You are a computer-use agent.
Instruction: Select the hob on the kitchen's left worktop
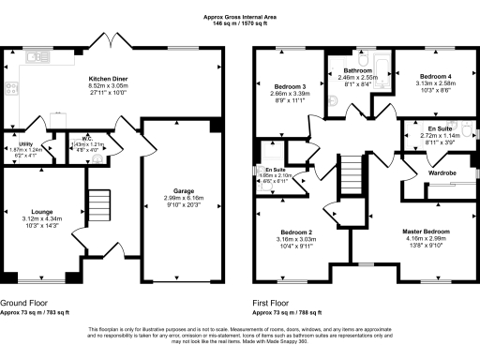(13, 89)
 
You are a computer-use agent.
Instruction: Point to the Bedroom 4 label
(435, 76)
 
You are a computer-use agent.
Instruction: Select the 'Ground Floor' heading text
(25, 303)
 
